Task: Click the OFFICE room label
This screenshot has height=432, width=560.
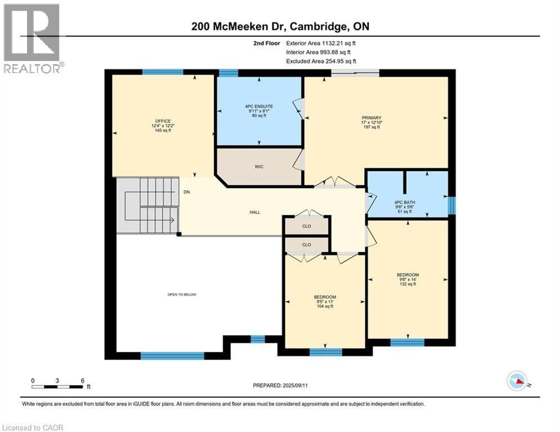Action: coord(163,125)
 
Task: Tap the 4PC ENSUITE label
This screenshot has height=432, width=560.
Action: coord(259,111)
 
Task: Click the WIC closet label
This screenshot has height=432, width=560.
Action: coord(259,167)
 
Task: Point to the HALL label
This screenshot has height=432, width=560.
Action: coord(254,212)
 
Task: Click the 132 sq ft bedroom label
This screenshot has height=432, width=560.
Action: coord(407,280)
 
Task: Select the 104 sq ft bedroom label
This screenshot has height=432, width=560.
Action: coord(325,301)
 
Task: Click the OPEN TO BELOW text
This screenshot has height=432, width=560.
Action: coord(181,295)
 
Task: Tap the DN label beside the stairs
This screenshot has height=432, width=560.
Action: coord(186,192)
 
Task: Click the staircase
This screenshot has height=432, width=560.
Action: coord(147,205)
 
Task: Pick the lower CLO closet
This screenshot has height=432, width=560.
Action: coord(306,245)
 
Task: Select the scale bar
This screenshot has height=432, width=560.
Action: coord(57,386)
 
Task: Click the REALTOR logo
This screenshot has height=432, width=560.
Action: coord(32,38)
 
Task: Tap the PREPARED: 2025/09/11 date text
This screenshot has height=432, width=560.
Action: coord(284,385)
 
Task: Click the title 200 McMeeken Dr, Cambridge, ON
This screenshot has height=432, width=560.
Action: coord(280,26)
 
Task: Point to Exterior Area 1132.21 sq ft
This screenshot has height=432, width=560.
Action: coord(321,43)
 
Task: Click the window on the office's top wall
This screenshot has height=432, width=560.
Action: coord(162,72)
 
